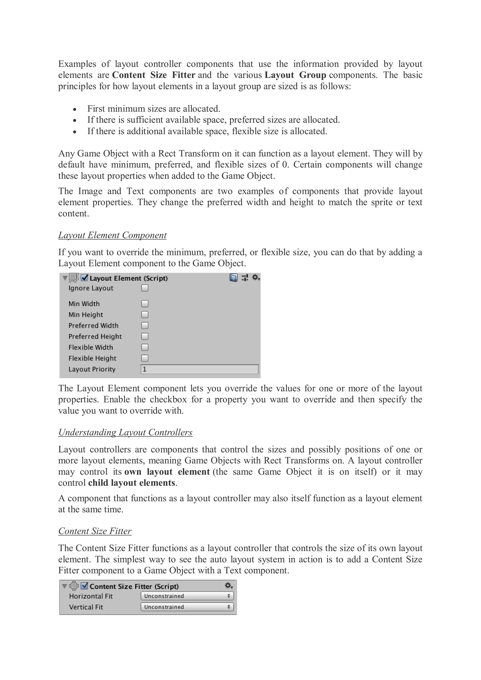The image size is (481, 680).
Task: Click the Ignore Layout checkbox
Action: tap(145, 288)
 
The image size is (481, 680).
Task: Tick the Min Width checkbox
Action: tap(145, 304)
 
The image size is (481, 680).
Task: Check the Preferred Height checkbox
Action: tap(145, 336)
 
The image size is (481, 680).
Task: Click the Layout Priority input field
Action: tap(199, 369)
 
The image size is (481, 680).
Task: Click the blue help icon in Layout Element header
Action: tap(233, 278)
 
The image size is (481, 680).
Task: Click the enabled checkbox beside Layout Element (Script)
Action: tap(85, 278)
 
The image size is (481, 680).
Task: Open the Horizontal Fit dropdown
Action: tap(187, 596)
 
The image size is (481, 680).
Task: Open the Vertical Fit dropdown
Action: tap(187, 607)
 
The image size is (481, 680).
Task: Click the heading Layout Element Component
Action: tap(112, 235)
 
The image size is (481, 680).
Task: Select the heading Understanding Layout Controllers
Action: tap(125, 432)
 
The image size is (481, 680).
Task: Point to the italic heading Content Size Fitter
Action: tap(95, 531)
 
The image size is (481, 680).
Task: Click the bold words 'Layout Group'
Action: tap(295, 75)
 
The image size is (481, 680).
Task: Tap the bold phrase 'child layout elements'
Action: tap(132, 483)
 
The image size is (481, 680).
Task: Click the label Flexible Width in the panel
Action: tap(91, 347)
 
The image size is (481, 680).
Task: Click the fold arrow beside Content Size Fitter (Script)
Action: tap(64, 586)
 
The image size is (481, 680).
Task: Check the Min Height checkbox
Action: tap(145, 315)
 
